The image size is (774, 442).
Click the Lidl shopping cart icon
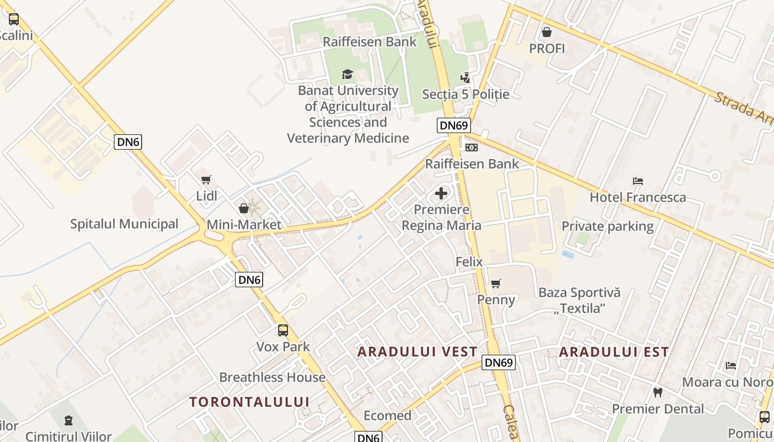(x=206, y=180)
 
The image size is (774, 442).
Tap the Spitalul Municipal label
(x=124, y=224)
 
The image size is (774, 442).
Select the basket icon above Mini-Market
(x=243, y=208)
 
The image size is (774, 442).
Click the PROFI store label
(x=547, y=49)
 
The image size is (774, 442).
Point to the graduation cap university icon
(x=347, y=74)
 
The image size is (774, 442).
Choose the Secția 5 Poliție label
(x=466, y=94)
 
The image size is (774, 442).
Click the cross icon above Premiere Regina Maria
(x=441, y=193)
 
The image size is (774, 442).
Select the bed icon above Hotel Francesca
(x=637, y=181)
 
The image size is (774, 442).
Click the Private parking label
(x=607, y=226)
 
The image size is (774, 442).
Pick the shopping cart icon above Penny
(x=495, y=284)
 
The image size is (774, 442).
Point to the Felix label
(x=469, y=261)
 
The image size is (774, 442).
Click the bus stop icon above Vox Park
(x=283, y=330)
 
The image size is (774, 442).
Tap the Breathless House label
(x=272, y=377)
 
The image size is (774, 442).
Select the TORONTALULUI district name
(x=249, y=402)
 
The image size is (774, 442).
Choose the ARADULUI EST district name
(x=614, y=352)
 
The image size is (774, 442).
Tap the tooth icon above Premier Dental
(x=657, y=393)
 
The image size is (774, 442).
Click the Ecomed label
(x=387, y=415)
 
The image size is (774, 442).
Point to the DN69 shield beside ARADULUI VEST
(x=499, y=362)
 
